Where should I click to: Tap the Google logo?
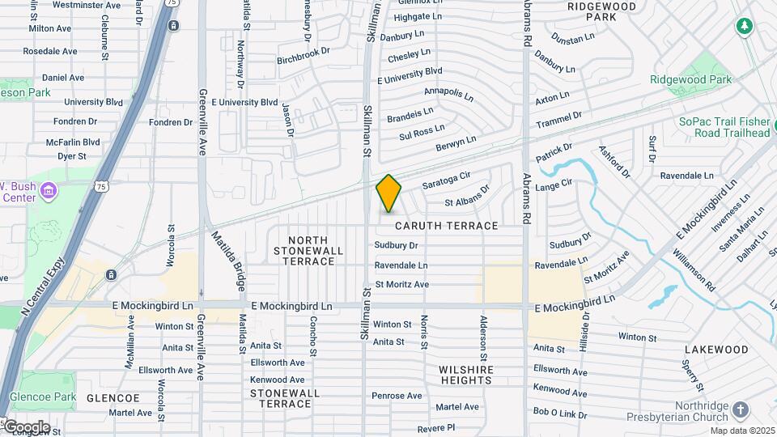(26, 426)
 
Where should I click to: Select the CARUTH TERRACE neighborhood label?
(446, 226)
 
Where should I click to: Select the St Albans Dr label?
(467, 197)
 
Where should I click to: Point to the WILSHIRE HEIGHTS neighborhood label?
(465, 375)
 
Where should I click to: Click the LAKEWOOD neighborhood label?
(716, 350)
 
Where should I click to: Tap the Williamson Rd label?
(694, 270)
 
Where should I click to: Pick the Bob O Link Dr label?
(560, 414)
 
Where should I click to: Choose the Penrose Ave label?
(397, 396)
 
